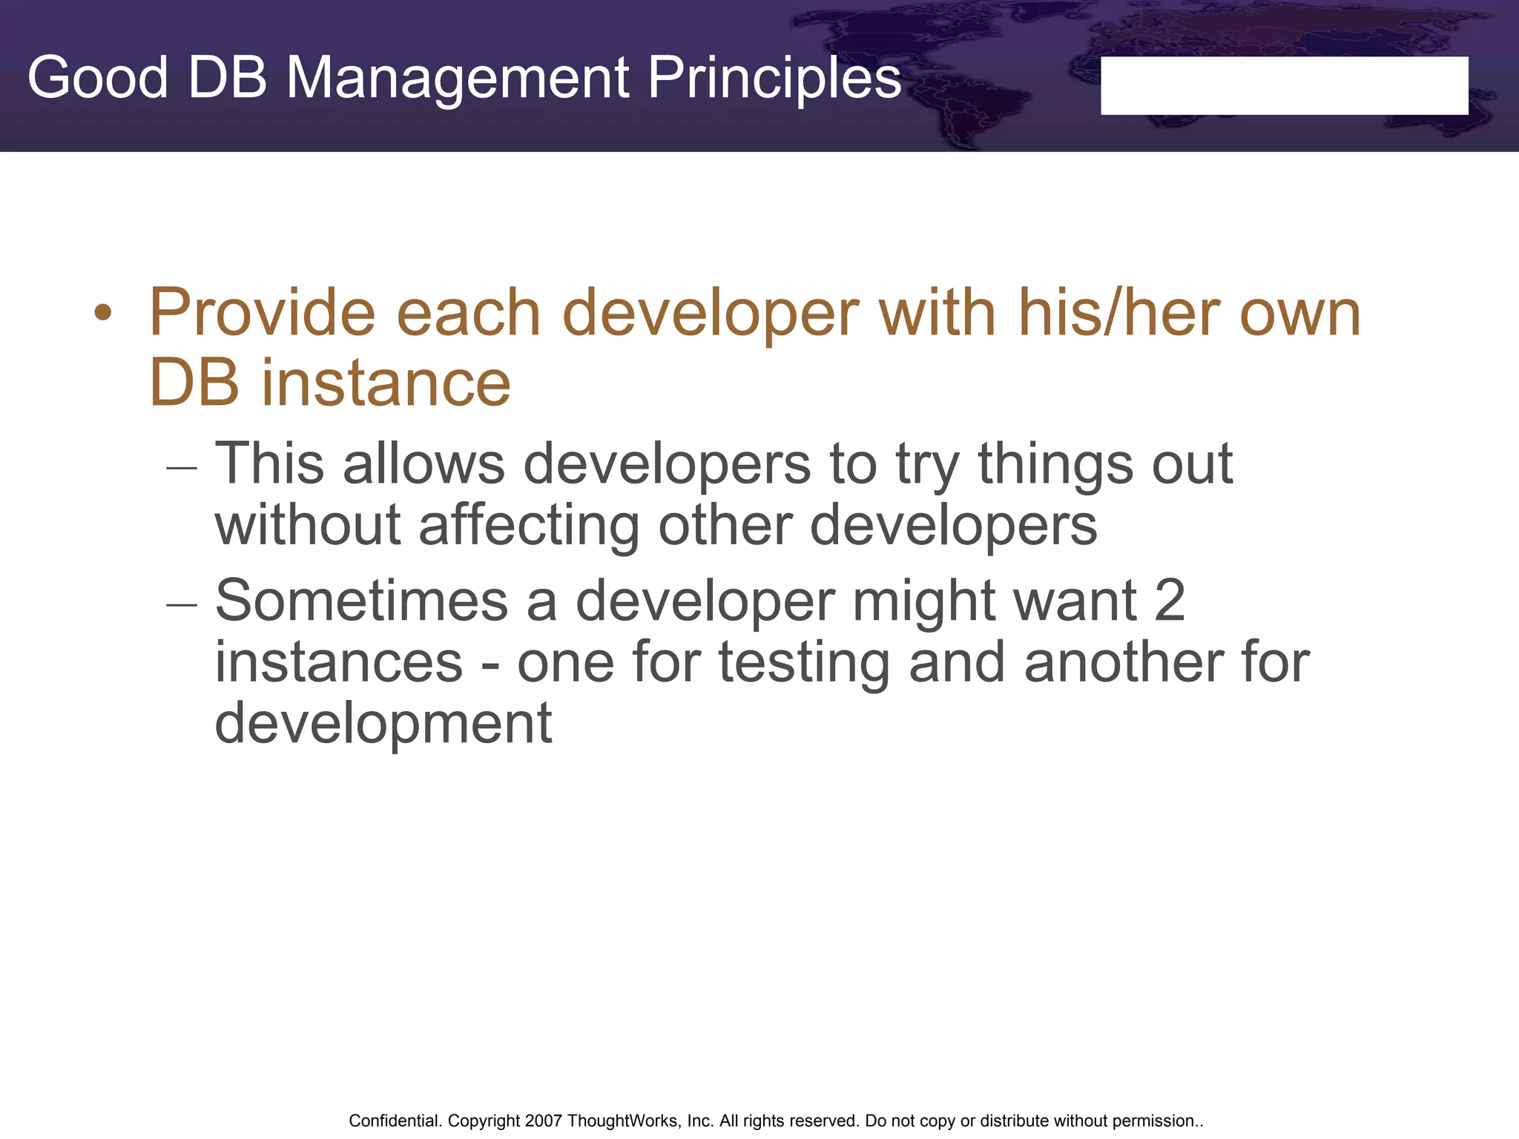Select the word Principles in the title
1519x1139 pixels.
[774, 78]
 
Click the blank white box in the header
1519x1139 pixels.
[1284, 85]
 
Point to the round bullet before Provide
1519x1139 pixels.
[103, 314]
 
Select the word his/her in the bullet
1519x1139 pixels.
[1119, 313]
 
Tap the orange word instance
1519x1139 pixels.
[386, 383]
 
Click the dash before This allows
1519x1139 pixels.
[182, 467]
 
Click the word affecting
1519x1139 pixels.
[529, 525]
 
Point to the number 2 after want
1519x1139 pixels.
[1170, 601]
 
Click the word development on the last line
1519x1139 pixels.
[383, 724]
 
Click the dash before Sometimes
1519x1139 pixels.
[182, 604]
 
